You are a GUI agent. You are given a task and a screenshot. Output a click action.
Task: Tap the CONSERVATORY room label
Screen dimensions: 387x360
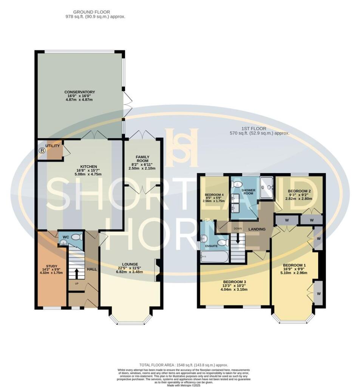point(79,92)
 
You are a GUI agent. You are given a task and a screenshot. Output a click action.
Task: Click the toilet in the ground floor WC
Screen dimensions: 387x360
point(77,237)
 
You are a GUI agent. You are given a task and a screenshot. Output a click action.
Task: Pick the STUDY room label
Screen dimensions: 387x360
point(51,266)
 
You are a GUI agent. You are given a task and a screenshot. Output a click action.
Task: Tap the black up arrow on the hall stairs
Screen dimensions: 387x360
point(77,272)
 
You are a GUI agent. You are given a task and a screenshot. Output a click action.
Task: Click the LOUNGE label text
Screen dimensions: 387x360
point(130,264)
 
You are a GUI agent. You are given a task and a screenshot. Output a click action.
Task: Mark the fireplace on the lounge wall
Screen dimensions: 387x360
point(157,270)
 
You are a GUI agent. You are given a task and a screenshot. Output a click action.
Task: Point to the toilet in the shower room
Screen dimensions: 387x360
point(237,184)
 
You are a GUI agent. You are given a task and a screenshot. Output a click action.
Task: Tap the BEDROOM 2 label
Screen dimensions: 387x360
point(299,191)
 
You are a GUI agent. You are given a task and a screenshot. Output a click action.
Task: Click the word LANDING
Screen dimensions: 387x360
point(257,229)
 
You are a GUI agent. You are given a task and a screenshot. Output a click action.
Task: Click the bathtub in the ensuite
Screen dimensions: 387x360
point(214,259)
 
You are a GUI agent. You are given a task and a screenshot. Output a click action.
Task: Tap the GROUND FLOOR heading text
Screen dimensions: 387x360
point(95,12)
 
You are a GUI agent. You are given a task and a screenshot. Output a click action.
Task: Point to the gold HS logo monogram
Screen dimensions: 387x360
point(182,147)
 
